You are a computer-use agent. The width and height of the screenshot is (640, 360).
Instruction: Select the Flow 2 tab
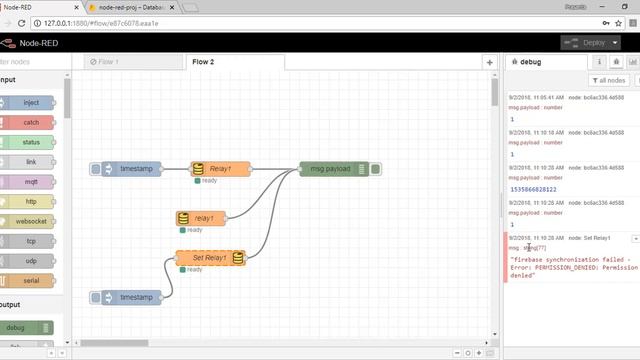click(203, 62)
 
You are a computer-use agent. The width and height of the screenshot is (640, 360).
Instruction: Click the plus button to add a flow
click(489, 62)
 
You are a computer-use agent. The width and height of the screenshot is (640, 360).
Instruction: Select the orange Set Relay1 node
click(210, 258)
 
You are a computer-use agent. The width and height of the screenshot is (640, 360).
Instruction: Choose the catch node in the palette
click(31, 122)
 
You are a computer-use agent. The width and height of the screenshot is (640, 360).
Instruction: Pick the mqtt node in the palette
click(31, 182)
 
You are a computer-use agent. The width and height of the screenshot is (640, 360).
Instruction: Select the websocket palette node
click(31, 221)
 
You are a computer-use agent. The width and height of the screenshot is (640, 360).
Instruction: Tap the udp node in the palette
click(31, 261)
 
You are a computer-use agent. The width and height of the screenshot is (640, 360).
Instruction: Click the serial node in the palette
click(31, 281)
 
